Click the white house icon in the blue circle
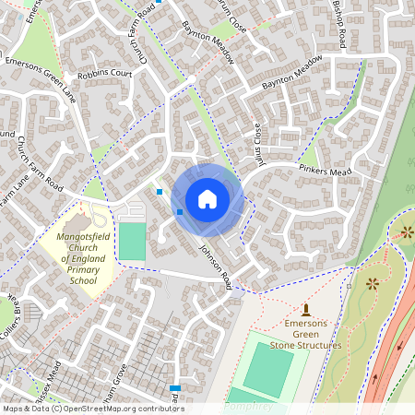(x=207, y=198)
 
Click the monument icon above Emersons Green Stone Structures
(x=306, y=310)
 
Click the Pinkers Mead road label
(x=326, y=171)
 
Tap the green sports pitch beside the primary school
(x=133, y=241)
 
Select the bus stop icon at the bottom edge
(x=174, y=388)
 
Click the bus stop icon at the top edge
(x=159, y=2)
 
